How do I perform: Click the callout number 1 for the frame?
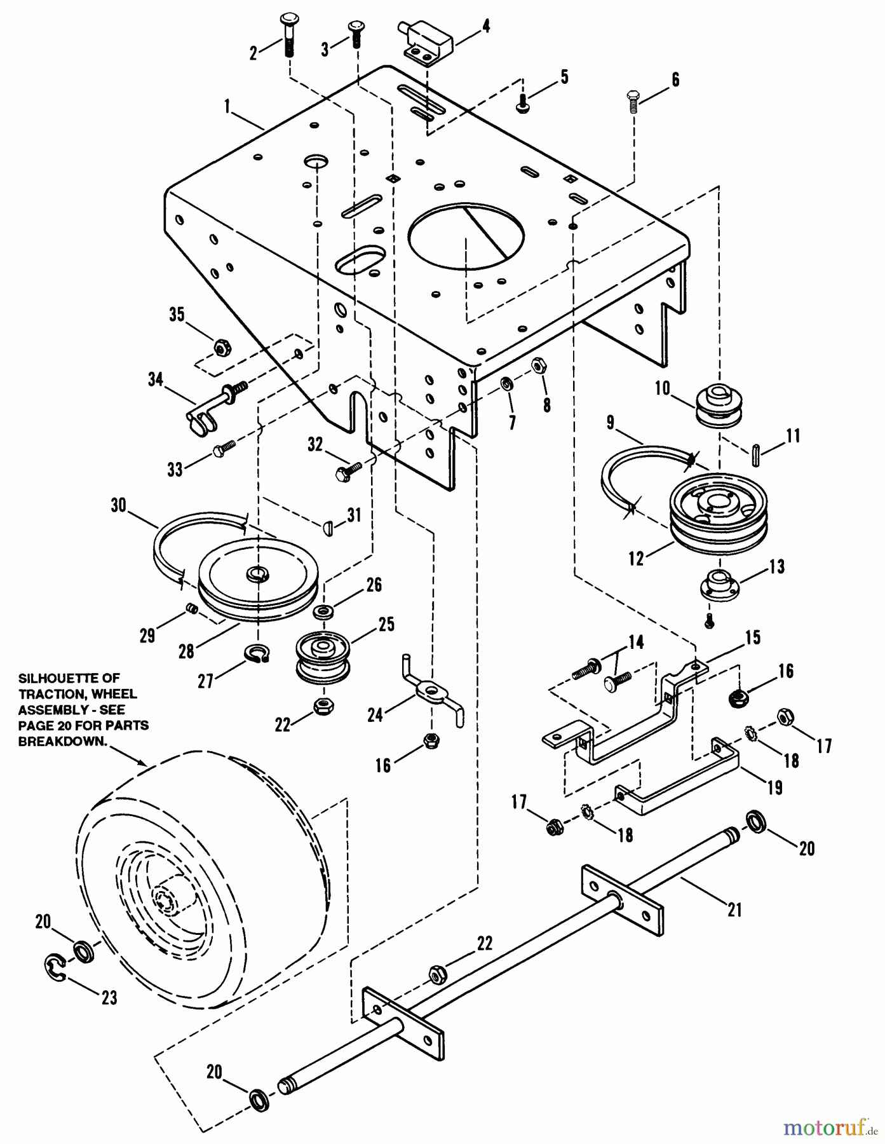coord(227,106)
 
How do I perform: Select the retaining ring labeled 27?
coord(258,653)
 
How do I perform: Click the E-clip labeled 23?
coord(56,968)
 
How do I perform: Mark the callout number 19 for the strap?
coord(774,788)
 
